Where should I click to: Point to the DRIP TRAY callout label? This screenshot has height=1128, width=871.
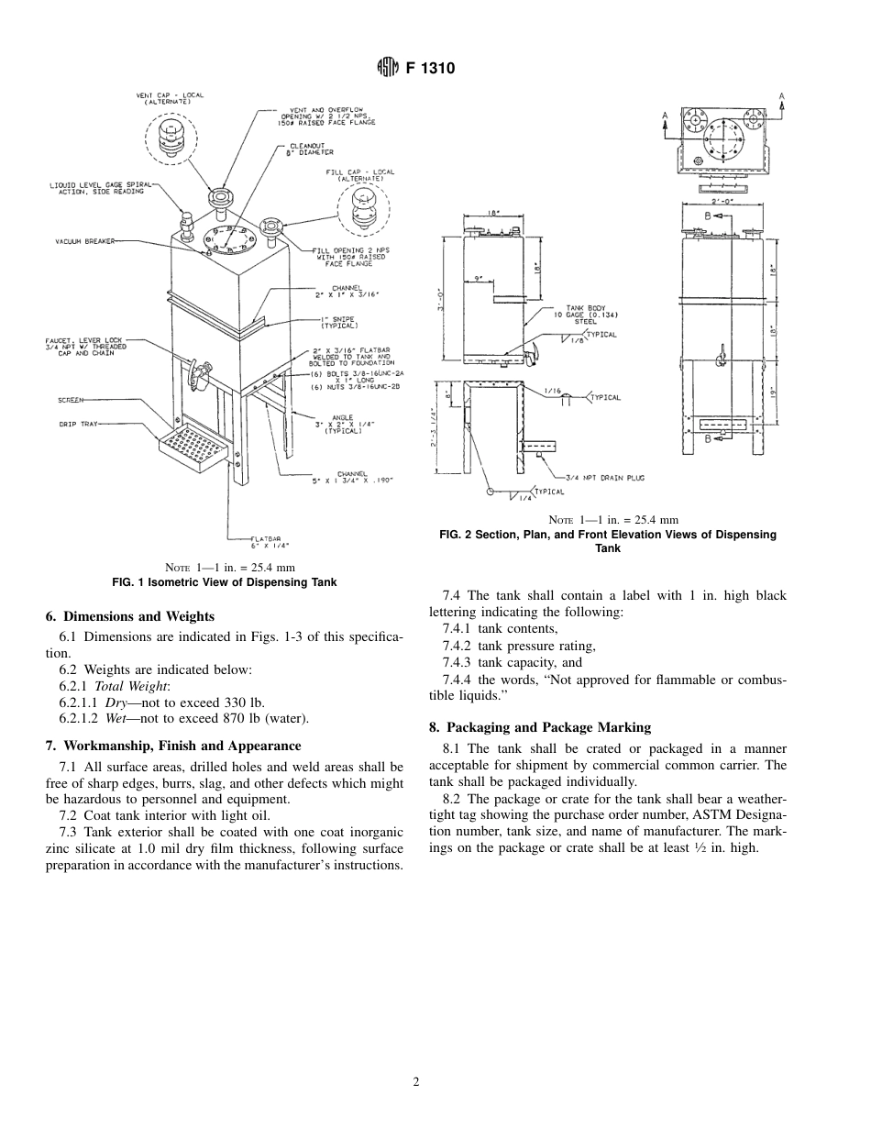[80, 424]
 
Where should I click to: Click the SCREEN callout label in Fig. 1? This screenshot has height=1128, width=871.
[72, 400]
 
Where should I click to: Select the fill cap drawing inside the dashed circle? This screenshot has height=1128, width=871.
[364, 210]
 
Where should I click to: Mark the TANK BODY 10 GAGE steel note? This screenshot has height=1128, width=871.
[574, 315]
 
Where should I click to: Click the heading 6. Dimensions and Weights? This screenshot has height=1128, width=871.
[129, 616]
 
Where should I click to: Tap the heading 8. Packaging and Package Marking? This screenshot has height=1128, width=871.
[540, 727]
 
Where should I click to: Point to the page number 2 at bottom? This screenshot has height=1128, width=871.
[416, 1082]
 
